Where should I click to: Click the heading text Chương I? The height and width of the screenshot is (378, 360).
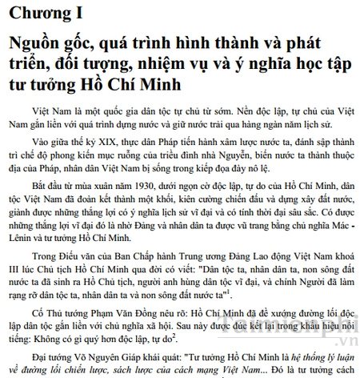point(47,14)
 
